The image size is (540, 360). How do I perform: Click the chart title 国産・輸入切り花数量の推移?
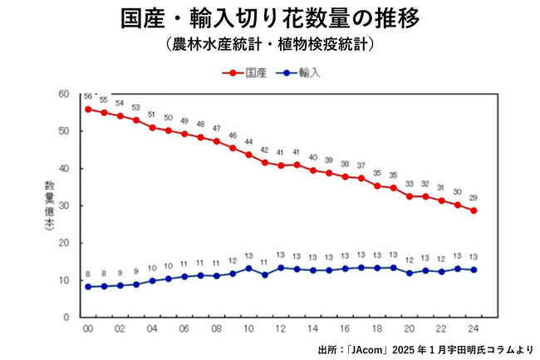[270, 18]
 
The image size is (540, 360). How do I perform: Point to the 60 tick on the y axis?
[64, 94]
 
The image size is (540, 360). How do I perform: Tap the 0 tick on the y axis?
[66, 318]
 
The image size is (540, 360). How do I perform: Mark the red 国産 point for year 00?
[88, 109]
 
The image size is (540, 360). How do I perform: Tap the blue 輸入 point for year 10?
[248, 269]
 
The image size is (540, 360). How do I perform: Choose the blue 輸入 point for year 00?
[88, 287]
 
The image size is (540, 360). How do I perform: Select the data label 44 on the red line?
[248, 142]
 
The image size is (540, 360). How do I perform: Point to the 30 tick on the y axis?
[64, 205]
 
